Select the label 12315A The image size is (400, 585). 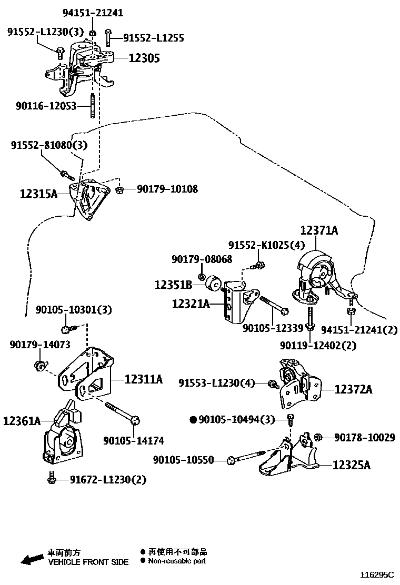(38, 194)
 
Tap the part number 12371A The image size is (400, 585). (319, 230)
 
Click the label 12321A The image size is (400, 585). (191, 304)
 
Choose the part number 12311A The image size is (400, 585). (144, 379)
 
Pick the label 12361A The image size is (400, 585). (22, 421)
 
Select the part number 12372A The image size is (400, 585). (353, 389)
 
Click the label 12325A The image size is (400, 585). (352, 465)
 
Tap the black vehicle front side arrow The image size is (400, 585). (32, 558)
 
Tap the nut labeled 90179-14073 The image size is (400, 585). (38, 365)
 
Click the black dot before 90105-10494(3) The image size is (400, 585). (193, 419)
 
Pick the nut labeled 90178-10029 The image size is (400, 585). (318, 437)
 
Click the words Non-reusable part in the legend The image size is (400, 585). (177, 561)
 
